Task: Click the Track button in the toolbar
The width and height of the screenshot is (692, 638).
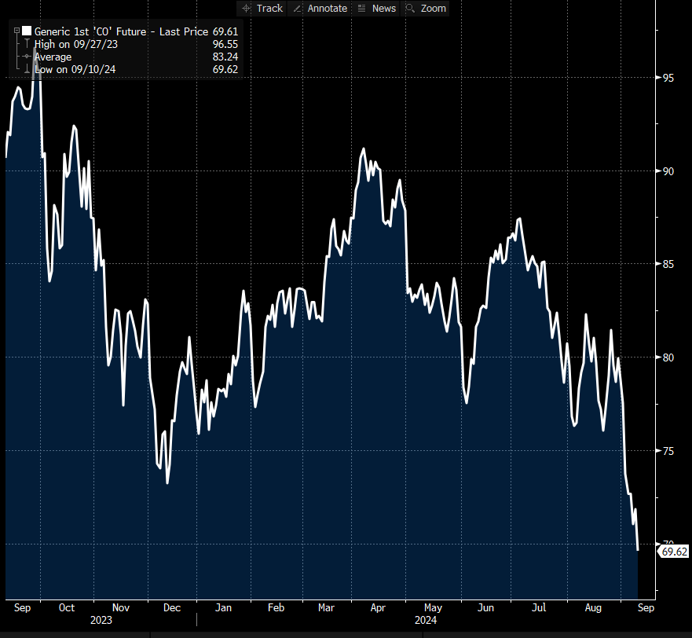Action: click(263, 8)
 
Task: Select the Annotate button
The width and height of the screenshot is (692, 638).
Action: click(320, 8)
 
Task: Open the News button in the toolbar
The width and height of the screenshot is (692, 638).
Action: click(377, 8)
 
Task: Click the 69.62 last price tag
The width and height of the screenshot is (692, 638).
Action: click(674, 552)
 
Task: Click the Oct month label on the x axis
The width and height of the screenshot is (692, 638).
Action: click(67, 607)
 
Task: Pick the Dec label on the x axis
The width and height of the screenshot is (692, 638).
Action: click(171, 607)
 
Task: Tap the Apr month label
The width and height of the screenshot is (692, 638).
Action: click(378, 607)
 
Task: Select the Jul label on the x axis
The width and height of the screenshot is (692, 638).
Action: click(539, 607)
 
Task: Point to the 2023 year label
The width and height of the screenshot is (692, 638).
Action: click(101, 619)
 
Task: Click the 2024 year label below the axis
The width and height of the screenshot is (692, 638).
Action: click(426, 619)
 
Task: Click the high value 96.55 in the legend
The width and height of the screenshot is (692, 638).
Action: click(225, 45)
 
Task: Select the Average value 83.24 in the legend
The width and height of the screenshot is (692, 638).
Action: click(225, 57)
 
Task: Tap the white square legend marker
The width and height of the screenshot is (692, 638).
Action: click(27, 31)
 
